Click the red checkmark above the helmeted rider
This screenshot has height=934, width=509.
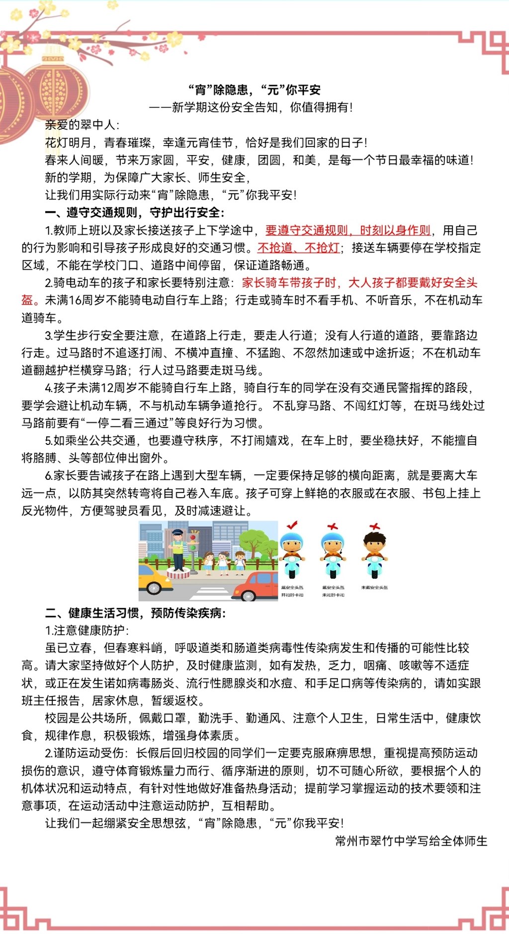[x=292, y=525]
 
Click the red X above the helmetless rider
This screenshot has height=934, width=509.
[x=375, y=526]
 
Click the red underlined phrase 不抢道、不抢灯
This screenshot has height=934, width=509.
[x=298, y=248]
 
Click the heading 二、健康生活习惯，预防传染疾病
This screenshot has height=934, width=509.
[x=135, y=613]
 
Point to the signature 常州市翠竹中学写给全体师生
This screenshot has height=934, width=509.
[x=411, y=841]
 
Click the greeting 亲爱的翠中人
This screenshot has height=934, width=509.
[x=82, y=125]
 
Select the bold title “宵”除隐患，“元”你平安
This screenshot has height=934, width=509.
[x=254, y=90]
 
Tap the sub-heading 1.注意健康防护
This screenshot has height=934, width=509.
[x=86, y=630]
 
